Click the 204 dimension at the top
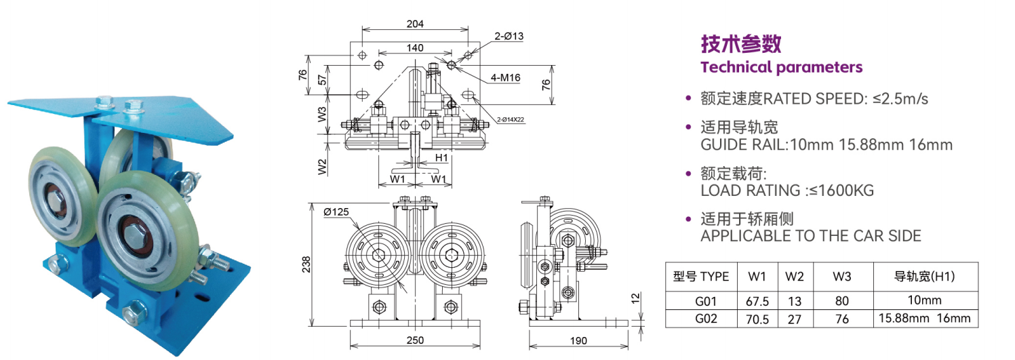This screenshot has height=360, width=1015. pos(415,23)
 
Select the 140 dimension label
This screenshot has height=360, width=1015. pos(415,47)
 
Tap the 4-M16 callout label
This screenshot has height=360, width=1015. pos(505,78)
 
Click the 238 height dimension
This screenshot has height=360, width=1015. pos(306,262)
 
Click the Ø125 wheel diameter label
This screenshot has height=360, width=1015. pos(336,212)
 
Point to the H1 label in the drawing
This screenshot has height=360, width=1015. pos(441,158)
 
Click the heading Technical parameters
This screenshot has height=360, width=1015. pos(781,67)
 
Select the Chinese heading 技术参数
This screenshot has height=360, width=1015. pos(741,43)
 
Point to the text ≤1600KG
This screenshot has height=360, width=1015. pos(838,191)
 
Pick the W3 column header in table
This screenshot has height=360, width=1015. pos(841,277)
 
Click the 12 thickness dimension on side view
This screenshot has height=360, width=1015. pos(634,298)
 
